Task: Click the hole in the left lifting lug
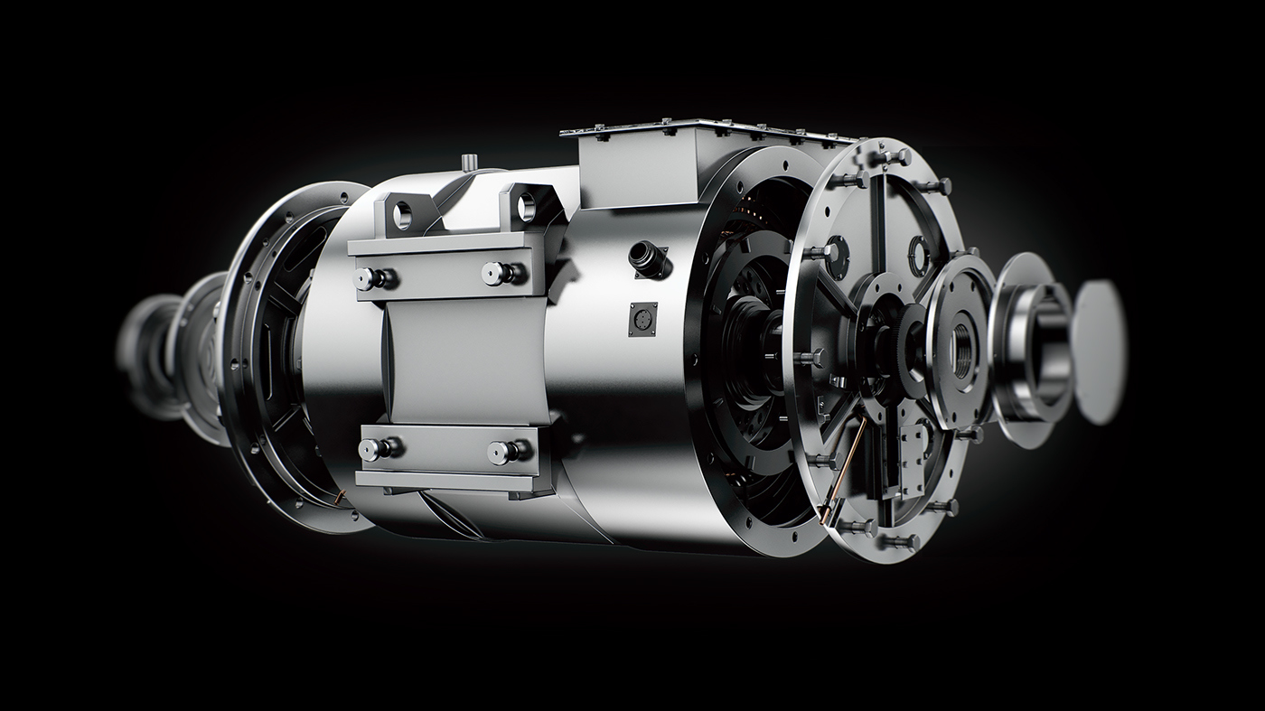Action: (x=402, y=213)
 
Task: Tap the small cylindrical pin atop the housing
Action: (x=469, y=162)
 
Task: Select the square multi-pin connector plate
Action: (x=642, y=318)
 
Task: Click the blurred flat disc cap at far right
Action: (x=1101, y=351)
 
